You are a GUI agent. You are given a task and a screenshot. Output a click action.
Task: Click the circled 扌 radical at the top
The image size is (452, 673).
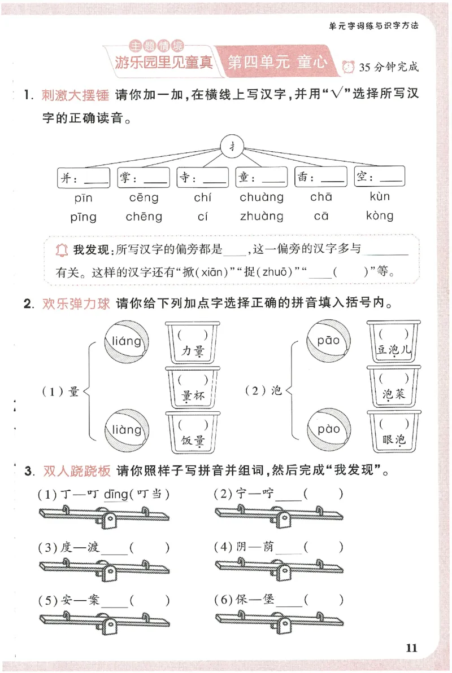coord(232,147)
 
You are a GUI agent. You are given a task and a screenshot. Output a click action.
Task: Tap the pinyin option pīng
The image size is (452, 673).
coord(84,217)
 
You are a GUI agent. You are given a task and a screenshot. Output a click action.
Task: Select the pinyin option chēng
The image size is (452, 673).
coord(144,217)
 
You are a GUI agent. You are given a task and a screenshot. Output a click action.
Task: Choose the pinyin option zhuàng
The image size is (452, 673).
coord(262,217)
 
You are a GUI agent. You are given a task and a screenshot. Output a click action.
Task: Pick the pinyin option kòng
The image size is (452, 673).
coord(380,215)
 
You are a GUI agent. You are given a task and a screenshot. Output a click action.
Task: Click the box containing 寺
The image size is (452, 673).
coord(202,178)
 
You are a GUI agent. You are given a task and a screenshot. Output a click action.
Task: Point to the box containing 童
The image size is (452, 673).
coord(262,178)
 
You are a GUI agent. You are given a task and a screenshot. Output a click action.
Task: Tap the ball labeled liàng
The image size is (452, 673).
coord(127,430)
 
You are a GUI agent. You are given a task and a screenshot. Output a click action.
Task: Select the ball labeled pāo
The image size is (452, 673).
coord(328,341)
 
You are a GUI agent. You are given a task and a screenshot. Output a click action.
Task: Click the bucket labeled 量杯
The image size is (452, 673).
coord(193,387)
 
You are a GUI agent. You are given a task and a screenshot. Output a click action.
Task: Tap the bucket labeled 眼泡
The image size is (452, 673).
coord(394,431)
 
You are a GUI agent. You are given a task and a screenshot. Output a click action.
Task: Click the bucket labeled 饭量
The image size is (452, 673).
coord(193,432)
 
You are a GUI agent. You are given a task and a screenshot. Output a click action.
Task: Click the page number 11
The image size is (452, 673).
coord(411,648)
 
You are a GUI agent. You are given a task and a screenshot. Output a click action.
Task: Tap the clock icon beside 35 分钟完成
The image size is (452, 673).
coord(347,67)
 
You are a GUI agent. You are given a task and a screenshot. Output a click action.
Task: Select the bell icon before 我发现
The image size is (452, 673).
coord(62,249)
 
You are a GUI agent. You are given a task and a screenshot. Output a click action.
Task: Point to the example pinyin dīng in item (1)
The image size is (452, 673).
coord(116,495)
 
